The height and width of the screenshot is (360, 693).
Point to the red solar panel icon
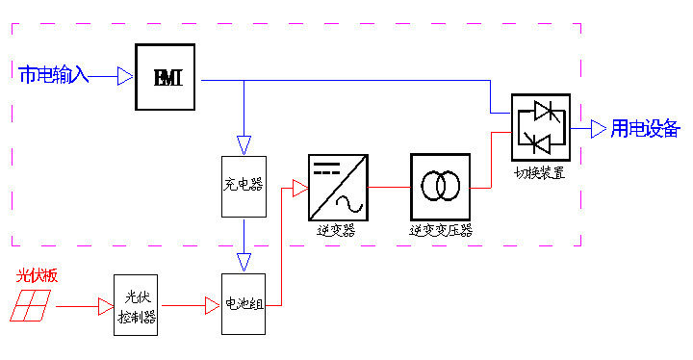[x=30, y=305]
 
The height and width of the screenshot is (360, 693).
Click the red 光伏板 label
[x=37, y=275]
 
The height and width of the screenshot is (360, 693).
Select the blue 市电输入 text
[x=54, y=75]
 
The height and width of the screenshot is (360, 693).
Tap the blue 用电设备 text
[x=645, y=129]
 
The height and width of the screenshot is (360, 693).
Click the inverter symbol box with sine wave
[x=338, y=188]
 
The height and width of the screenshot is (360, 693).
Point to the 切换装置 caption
[x=540, y=173]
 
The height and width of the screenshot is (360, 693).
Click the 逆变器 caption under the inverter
[x=336, y=230]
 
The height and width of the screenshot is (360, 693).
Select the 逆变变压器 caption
[x=441, y=230]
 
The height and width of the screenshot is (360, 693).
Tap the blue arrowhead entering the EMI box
[x=125, y=76]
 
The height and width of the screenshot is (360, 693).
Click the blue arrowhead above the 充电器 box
[x=244, y=145]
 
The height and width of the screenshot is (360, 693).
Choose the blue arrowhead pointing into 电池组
[x=244, y=262]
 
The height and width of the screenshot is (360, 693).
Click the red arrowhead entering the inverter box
[x=300, y=188]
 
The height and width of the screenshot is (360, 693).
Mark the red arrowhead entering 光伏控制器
[x=106, y=306]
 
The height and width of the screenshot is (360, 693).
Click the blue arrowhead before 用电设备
[x=599, y=129]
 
